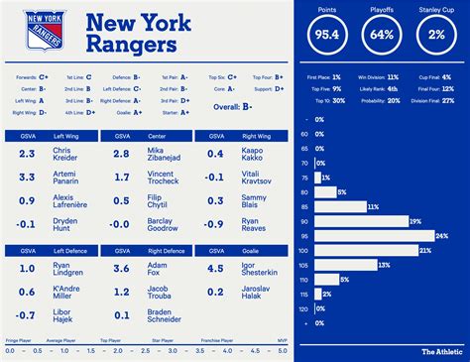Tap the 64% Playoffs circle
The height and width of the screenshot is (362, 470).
pyautogui.click(x=381, y=33)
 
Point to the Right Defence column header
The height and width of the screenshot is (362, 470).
pyautogui.click(x=162, y=253)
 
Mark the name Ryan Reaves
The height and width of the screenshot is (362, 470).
pyautogui.click(x=254, y=227)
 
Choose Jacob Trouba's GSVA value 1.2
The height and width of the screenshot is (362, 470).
pyautogui.click(x=121, y=295)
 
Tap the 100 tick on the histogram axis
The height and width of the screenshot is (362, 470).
pyautogui.click(x=303, y=251)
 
